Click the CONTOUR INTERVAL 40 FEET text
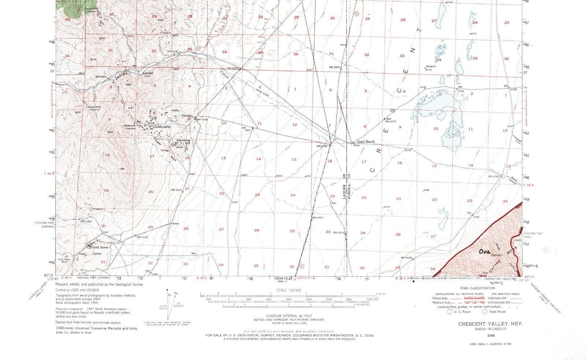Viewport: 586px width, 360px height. (x=283, y=316)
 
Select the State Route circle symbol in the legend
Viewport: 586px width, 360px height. (x=485, y=312)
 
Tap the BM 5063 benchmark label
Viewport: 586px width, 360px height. (x=233, y=68)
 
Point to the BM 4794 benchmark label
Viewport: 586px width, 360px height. (x=322, y=146)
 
